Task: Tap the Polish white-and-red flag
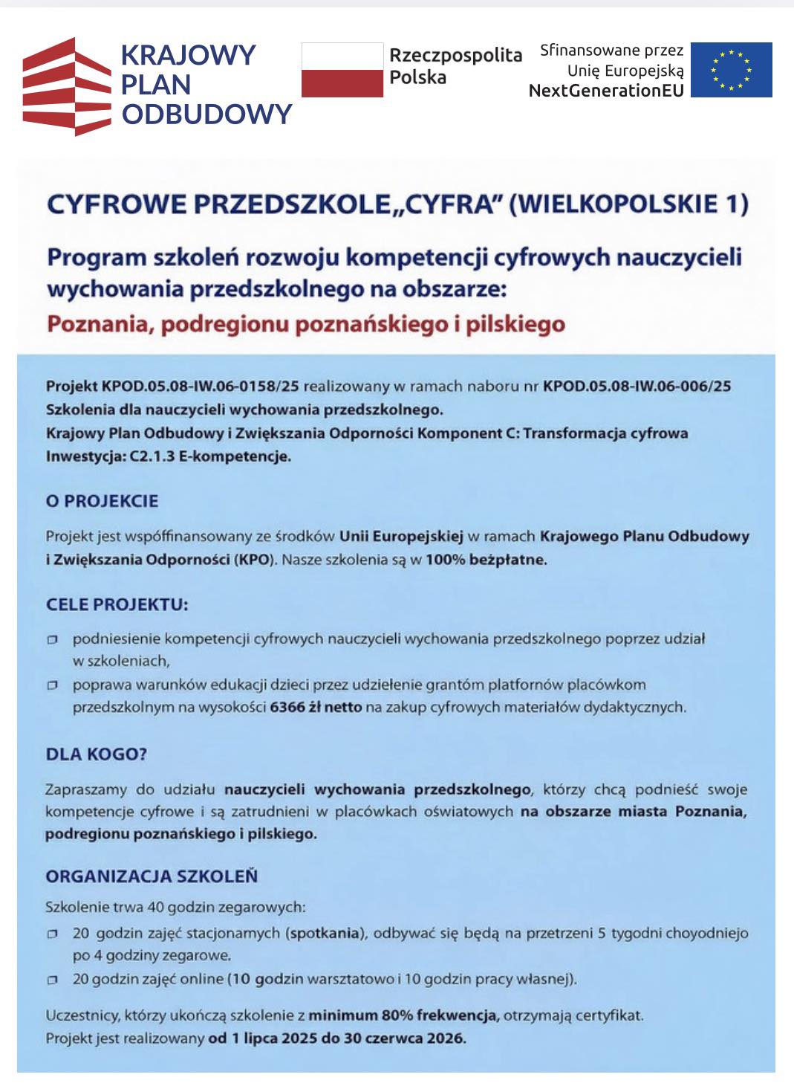click(x=342, y=70)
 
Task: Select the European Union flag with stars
click(x=731, y=70)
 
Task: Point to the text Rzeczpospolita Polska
click(x=455, y=66)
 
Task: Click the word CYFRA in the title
click(x=449, y=204)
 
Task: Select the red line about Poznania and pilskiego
click(x=305, y=325)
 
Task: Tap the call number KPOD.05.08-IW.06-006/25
click(x=637, y=386)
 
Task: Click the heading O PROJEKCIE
click(x=102, y=501)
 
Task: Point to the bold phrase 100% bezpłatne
click(x=486, y=560)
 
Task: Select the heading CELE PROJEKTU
click(x=117, y=604)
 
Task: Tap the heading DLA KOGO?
click(x=97, y=754)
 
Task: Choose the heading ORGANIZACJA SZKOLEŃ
click(x=152, y=876)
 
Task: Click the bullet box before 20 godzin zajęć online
click(x=52, y=980)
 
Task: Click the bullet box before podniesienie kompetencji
click(x=52, y=639)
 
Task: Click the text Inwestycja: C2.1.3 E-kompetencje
click(x=169, y=456)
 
